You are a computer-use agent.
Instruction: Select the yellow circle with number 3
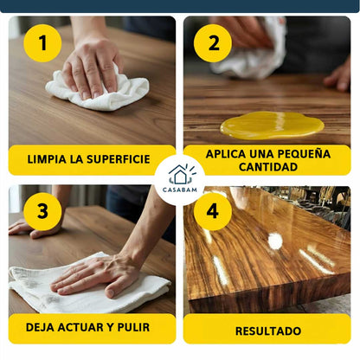click(x=42, y=210)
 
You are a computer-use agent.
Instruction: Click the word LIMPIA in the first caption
click(x=46, y=160)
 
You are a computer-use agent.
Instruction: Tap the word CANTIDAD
click(x=267, y=167)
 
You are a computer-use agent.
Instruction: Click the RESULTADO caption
click(x=267, y=331)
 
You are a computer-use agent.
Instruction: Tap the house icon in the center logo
click(x=180, y=174)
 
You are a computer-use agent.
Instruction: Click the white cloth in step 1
click(x=100, y=92)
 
